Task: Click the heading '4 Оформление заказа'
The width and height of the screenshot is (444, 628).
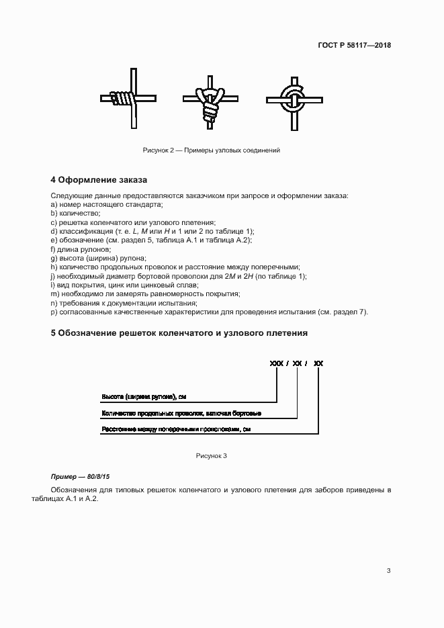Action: click(99, 180)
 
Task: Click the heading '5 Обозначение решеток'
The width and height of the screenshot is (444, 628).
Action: click(179, 332)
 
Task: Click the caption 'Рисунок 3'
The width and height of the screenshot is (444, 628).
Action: click(211, 455)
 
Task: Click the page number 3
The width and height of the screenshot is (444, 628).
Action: click(388, 571)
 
